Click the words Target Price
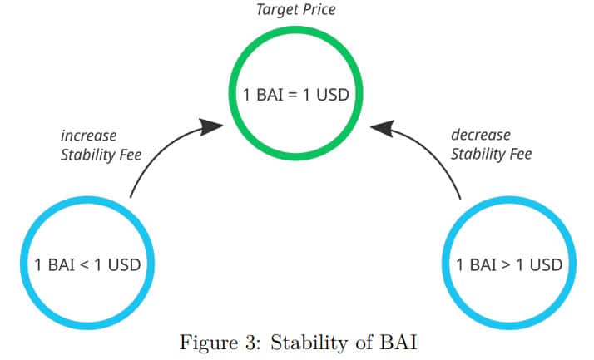pyautogui.click(x=295, y=9)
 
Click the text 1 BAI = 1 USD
pyautogui.click(x=295, y=94)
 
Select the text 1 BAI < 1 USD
pyautogui.click(x=87, y=265)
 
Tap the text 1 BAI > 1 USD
pyautogui.click(x=509, y=265)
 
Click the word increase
pyautogui.click(x=89, y=135)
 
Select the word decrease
pyautogui.click(x=481, y=135)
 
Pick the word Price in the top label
pyautogui.click(x=318, y=9)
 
